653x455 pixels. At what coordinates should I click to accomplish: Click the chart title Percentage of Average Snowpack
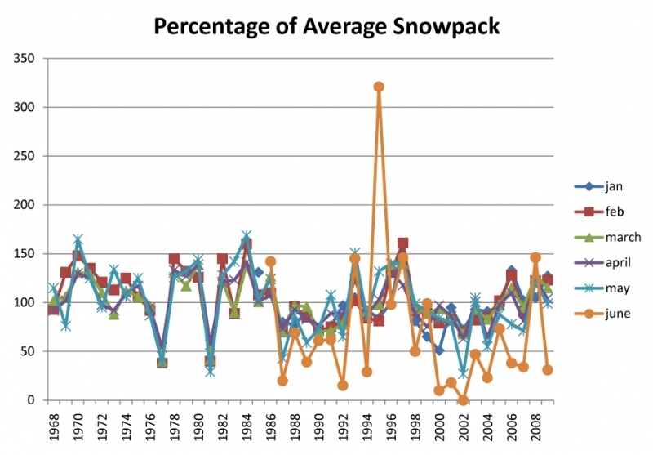[326, 26]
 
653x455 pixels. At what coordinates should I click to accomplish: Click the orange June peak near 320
[379, 87]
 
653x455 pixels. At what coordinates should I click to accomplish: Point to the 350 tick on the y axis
[27, 58]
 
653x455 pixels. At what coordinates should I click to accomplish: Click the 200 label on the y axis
[27, 204]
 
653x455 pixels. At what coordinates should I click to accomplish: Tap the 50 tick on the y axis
[30, 351]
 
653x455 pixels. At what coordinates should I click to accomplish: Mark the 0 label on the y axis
[33, 400]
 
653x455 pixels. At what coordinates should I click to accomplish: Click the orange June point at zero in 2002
[463, 399]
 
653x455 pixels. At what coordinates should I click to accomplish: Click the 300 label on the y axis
[27, 107]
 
